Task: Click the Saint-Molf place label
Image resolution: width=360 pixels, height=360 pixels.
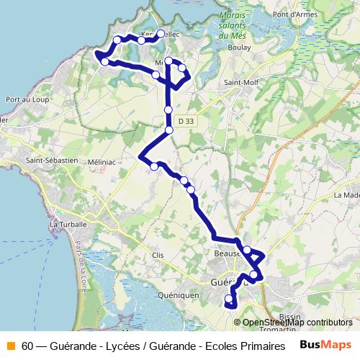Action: coord(241,84)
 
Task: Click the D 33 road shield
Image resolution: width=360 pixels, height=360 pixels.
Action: coord(186,122)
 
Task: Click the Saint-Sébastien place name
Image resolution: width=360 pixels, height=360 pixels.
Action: coord(51,159)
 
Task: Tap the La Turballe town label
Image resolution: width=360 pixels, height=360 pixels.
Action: coord(68,225)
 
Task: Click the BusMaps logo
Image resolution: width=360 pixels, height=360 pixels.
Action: coord(325,345)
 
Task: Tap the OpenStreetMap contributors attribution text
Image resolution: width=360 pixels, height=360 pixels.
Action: coord(297,323)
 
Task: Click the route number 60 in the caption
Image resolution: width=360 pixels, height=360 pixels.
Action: coord(27,346)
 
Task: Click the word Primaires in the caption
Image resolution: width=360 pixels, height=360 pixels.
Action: coord(254,346)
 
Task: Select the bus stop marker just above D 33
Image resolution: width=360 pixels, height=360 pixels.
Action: coord(168,109)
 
